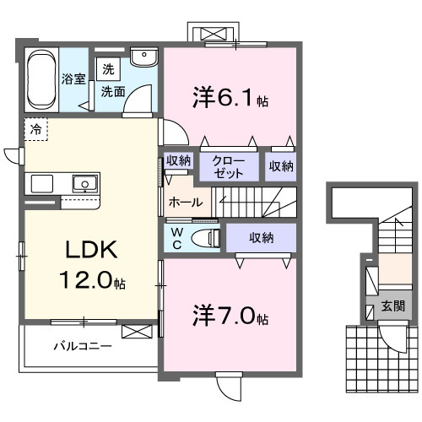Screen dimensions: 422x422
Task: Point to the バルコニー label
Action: [83, 345]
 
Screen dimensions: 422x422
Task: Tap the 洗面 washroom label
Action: [114, 90]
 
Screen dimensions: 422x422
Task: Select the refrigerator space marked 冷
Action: [36, 130]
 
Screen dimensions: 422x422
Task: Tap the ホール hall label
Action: [185, 203]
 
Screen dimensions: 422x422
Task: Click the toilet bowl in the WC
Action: [205, 238]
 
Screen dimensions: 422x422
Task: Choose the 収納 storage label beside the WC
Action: [261, 238]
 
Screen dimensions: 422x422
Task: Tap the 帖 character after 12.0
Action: [124, 283]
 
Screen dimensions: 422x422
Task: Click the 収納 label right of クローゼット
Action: [281, 166]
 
